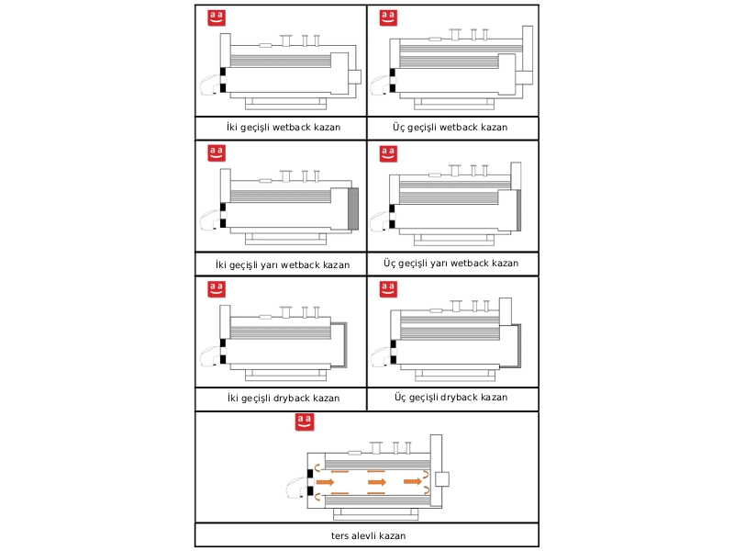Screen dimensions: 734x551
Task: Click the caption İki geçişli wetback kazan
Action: pyautogui.click(x=284, y=128)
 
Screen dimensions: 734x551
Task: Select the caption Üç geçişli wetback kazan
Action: pyautogui.click(x=450, y=128)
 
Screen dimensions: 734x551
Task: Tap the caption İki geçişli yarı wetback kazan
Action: pyautogui.click(x=283, y=265)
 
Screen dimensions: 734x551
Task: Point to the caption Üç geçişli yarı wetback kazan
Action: pyautogui.click(x=451, y=264)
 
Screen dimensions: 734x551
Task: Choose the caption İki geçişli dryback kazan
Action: pyautogui.click(x=284, y=399)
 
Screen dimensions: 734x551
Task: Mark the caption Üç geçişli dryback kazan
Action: pyautogui.click(x=450, y=398)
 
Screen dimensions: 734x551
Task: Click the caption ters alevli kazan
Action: pyautogui.click(x=369, y=535)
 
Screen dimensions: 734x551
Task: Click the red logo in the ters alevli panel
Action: pyautogui.click(x=305, y=422)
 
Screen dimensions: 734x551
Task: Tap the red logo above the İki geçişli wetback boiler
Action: pyautogui.click(x=217, y=17)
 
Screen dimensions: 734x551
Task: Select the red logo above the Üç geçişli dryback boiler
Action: pyautogui.click(x=388, y=289)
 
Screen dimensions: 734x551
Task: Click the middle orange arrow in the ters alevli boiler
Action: pyautogui.click(x=377, y=482)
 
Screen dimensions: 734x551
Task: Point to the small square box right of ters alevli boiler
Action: pyautogui.click(x=442, y=479)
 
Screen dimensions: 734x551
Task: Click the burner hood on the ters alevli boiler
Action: pyautogui.click(x=296, y=488)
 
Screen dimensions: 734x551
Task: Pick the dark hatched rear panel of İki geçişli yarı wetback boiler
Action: pyautogui.click(x=353, y=209)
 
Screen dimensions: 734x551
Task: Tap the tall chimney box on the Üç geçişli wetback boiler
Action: pyautogui.click(x=528, y=55)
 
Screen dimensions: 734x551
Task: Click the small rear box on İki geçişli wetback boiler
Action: pyautogui.click(x=355, y=77)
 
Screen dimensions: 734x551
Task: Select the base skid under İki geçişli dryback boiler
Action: pyautogui.click(x=285, y=375)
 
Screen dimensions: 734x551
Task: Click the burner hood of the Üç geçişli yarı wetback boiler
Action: pyautogui.click(x=380, y=221)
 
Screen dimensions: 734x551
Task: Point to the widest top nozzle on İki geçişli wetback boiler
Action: pyautogui.click(x=285, y=40)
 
